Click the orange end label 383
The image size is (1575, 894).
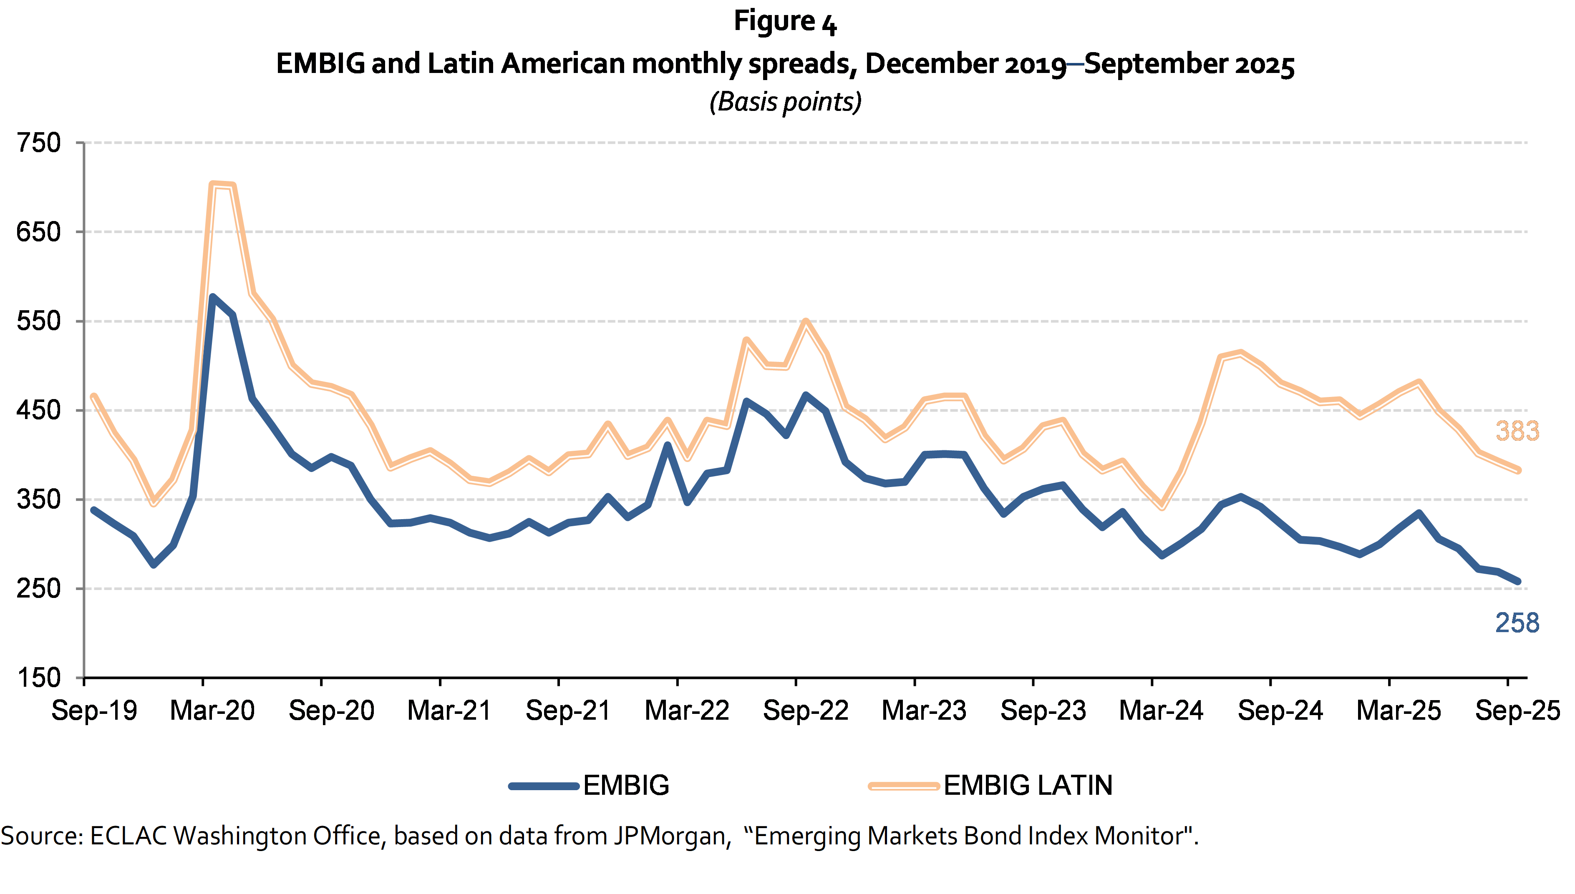click(x=1517, y=431)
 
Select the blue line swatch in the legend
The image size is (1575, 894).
click(x=544, y=786)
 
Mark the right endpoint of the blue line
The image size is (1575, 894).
click(x=1519, y=581)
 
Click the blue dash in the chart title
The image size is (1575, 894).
click(x=1075, y=64)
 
